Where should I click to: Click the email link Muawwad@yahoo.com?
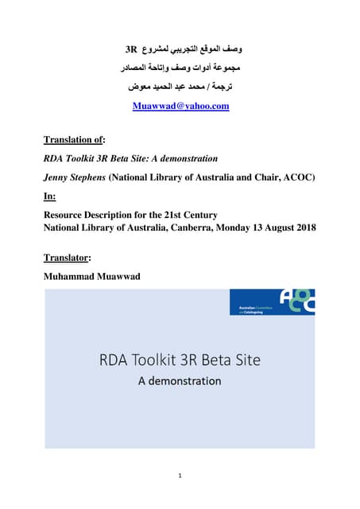coord(180,106)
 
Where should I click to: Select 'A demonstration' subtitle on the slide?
coord(179,380)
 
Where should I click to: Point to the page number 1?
coord(180,475)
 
